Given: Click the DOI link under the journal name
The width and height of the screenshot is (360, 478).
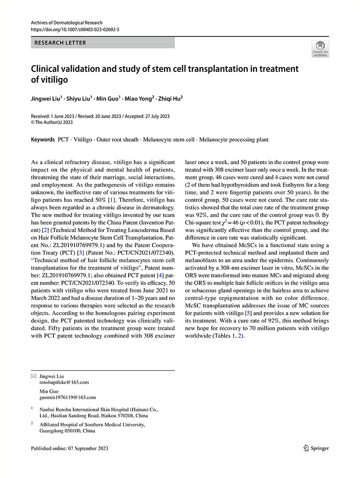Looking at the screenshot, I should coord(75,30).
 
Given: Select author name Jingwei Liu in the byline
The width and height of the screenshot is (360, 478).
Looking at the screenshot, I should coord(46,97).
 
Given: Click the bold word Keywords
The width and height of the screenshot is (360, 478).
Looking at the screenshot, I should coord(43,139).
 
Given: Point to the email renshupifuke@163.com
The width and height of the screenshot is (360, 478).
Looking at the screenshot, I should coord(64,382).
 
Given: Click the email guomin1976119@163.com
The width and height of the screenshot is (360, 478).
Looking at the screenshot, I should coord(68,398).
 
